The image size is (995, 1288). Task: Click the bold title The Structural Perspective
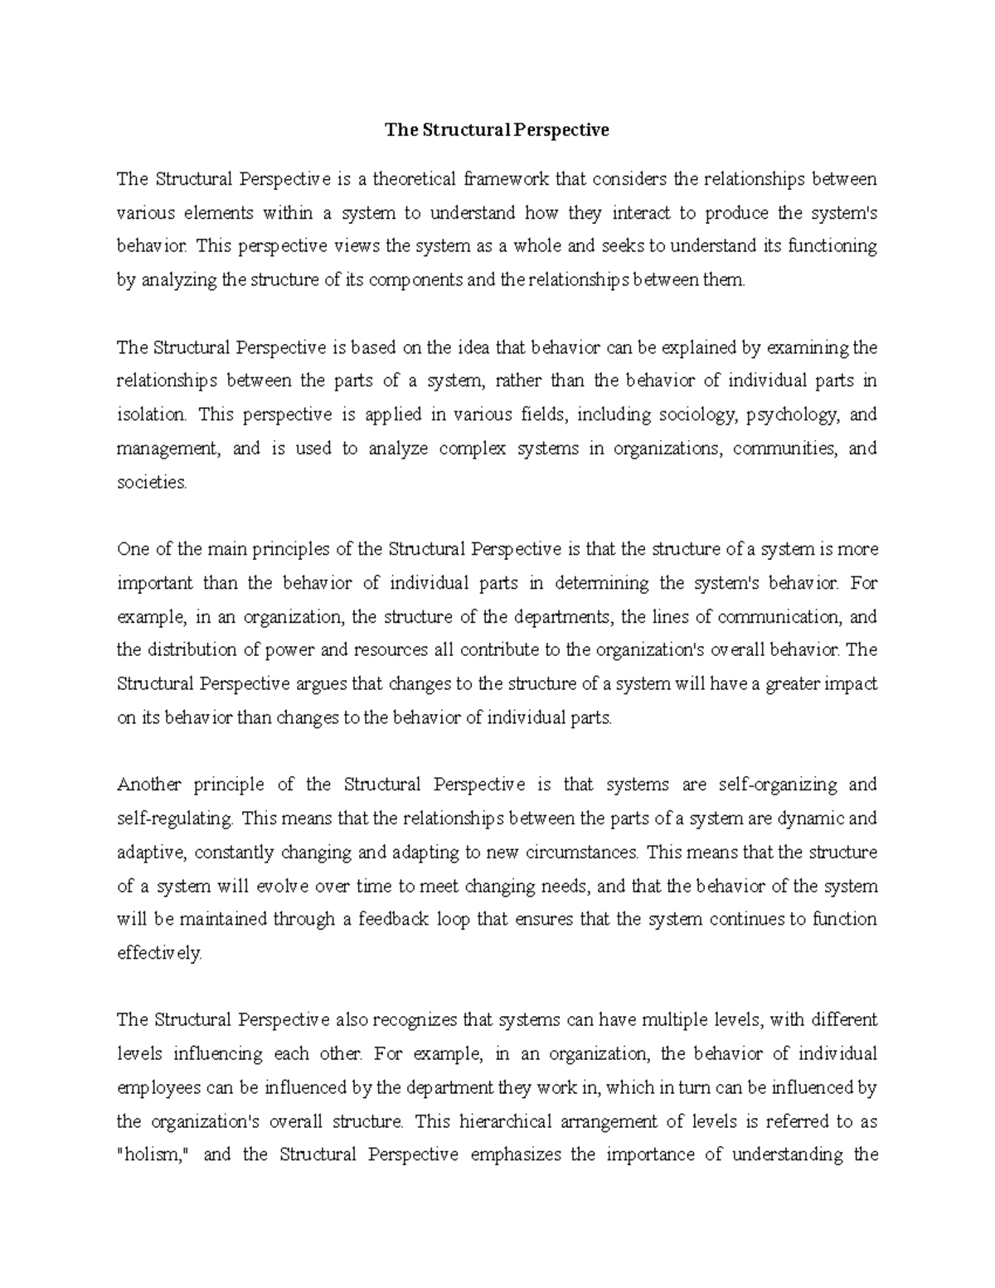(x=496, y=130)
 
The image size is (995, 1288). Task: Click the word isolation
(x=153, y=415)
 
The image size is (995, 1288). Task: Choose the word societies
(x=152, y=483)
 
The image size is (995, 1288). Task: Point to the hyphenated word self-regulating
(x=175, y=819)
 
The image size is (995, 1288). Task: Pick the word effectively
(x=158, y=954)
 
